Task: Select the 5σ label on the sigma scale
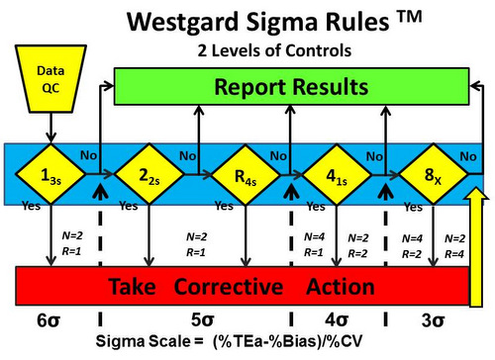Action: [198, 322]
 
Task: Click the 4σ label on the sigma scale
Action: [336, 322]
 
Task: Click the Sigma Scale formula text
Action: [247, 345]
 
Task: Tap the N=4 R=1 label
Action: [314, 244]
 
